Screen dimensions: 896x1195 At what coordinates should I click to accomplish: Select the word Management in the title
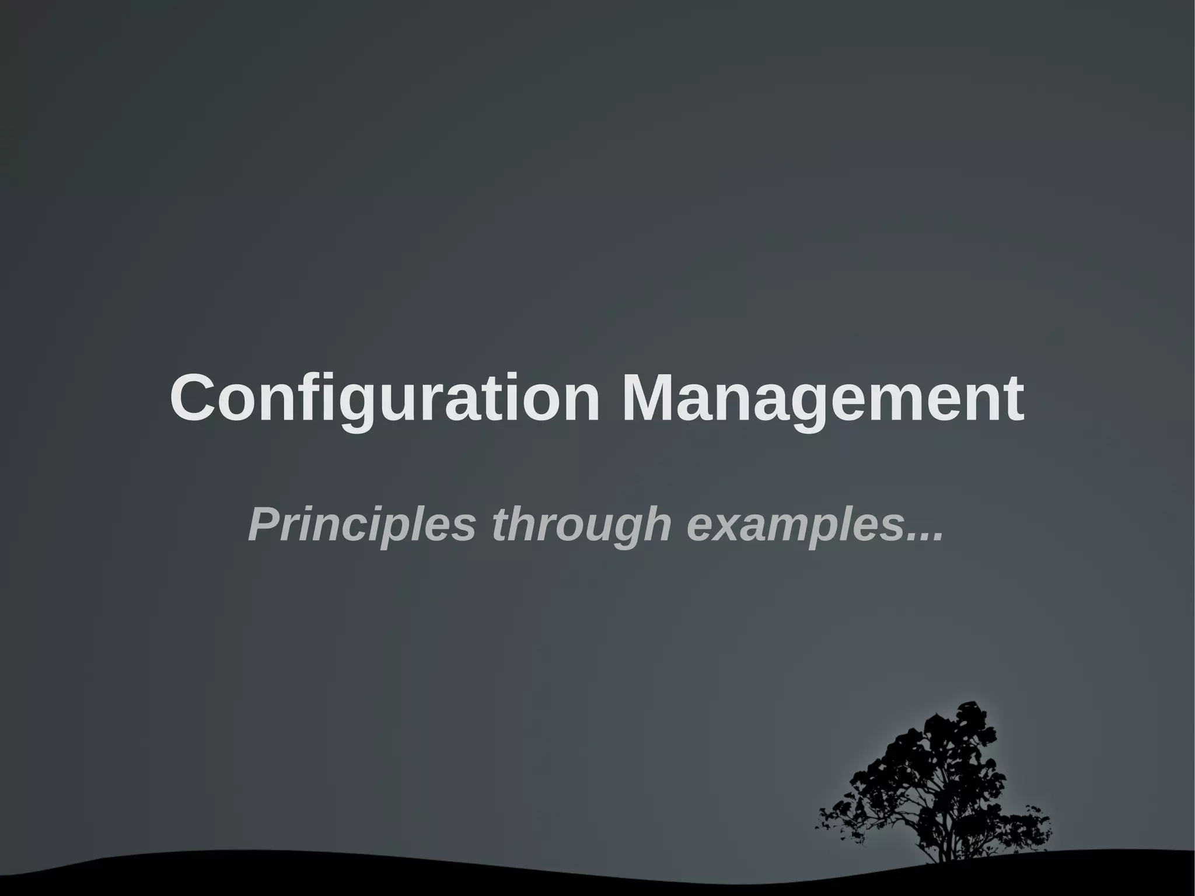[822, 398]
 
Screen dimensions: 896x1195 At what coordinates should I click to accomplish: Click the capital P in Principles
[263, 524]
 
